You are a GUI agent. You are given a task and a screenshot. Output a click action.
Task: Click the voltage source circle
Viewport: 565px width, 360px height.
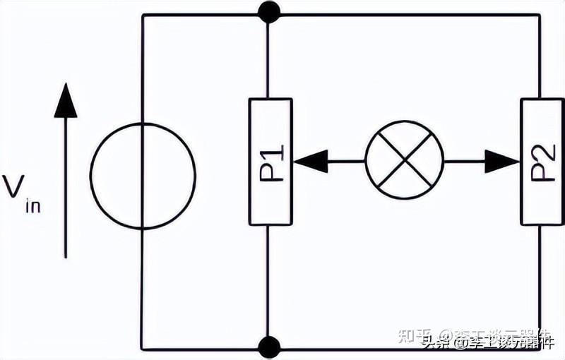[x=143, y=176]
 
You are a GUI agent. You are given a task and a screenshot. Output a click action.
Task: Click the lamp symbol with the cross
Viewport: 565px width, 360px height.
[x=404, y=162]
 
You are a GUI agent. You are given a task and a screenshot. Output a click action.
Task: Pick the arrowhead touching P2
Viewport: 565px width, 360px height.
[x=503, y=162]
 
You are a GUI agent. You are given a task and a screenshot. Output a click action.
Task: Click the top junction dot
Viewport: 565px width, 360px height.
[x=269, y=12]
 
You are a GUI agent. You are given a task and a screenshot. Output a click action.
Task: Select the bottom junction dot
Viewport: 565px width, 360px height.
[x=269, y=347]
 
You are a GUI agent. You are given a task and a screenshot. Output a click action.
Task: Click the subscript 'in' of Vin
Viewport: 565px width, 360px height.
[x=33, y=206]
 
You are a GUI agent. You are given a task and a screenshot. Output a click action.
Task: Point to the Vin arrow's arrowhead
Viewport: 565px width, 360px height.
[x=66, y=100]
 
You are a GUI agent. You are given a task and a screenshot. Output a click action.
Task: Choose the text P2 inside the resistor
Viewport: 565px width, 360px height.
[x=542, y=162]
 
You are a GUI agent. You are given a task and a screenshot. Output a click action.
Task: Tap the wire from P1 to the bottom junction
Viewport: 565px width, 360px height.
[x=269, y=282]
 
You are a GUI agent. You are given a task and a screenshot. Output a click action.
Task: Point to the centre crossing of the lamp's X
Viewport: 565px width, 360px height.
[x=404, y=162]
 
